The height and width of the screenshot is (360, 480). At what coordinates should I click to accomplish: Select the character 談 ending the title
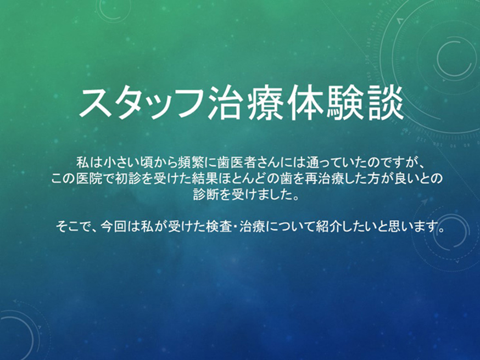(385, 103)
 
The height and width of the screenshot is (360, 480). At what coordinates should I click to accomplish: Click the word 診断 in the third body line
(206, 194)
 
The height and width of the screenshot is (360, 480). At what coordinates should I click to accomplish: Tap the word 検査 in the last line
(219, 227)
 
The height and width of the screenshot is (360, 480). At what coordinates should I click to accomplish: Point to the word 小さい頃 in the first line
(123, 162)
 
